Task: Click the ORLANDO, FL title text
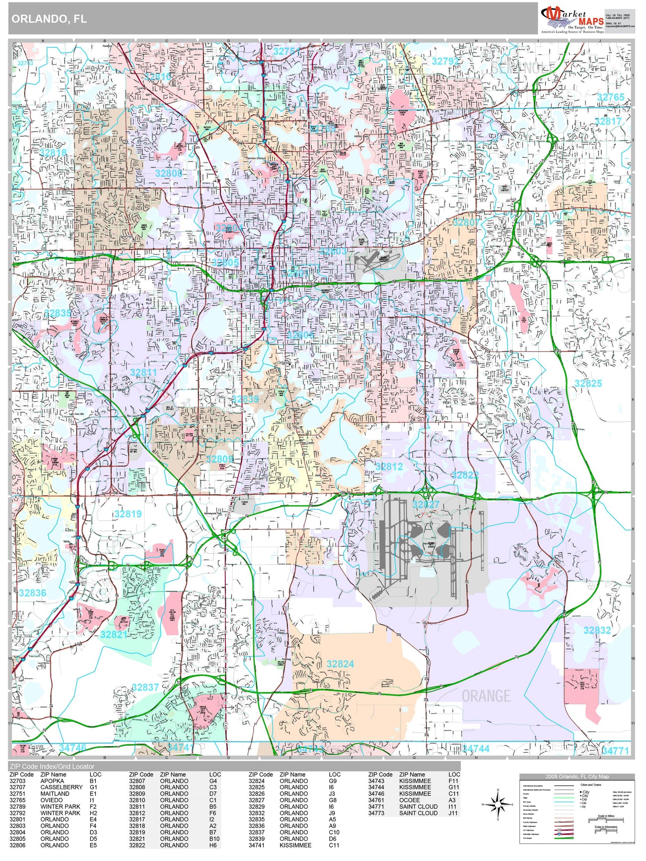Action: click(49, 19)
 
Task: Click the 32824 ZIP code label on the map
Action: click(340, 664)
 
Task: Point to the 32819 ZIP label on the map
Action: click(128, 514)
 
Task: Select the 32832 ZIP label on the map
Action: click(597, 630)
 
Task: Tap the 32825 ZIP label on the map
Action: click(588, 383)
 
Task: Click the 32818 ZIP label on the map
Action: click(53, 153)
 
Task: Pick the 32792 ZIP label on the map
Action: click(445, 61)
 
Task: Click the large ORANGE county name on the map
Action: click(486, 695)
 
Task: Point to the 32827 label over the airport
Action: click(425, 504)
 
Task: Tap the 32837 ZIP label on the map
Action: click(145, 687)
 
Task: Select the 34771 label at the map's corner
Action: click(615, 751)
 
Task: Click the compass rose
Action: click(498, 805)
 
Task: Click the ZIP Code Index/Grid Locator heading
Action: click(52, 766)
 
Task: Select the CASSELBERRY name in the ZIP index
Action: click(61, 787)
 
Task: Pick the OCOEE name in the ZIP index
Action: click(409, 800)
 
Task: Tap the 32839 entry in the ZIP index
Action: click(256, 839)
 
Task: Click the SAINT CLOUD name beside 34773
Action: click(418, 813)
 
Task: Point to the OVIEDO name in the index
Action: click(51, 800)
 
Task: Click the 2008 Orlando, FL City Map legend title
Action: click(577, 776)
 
